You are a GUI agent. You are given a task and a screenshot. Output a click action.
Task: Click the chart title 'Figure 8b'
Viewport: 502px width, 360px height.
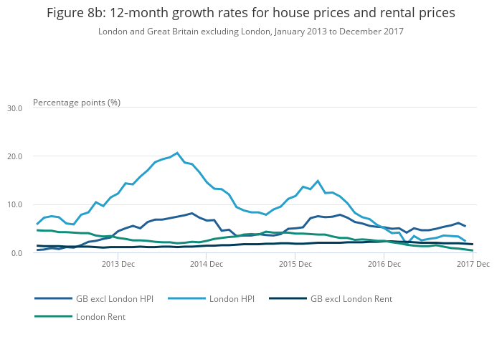pos(250,14)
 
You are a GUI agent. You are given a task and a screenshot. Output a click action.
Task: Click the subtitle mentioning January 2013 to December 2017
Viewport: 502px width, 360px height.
pos(250,32)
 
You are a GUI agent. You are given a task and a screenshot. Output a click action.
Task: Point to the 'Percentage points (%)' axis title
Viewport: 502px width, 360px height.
pos(77,102)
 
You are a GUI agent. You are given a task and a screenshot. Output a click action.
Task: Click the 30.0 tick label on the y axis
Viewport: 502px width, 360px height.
pos(14,108)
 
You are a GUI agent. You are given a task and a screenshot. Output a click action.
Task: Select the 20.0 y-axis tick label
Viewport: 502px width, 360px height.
pos(14,156)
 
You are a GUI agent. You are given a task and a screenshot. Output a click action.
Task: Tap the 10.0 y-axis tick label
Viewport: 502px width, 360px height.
pos(14,204)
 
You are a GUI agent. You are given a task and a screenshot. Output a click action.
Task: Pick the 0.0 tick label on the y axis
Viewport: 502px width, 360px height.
pos(16,253)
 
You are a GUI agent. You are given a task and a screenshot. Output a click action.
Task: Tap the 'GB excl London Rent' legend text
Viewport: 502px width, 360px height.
pos(351,298)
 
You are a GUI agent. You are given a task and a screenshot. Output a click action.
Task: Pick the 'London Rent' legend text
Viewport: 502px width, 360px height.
pos(100,316)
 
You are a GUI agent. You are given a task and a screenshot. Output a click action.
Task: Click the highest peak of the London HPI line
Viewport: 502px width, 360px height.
pos(177,153)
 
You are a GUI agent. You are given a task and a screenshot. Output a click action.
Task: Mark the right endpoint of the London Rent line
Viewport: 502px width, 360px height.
pos(472,250)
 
